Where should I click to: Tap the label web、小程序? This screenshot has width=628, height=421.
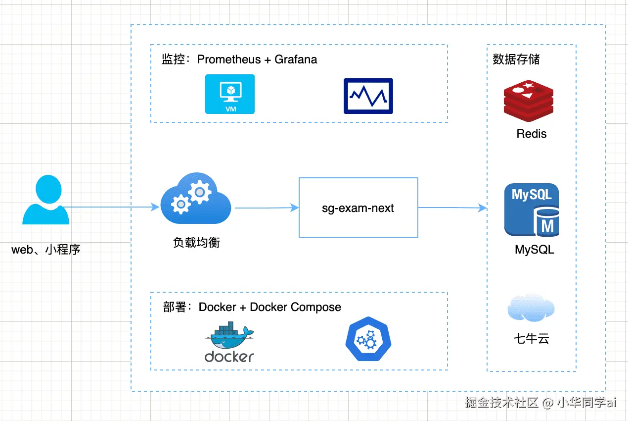[x=45, y=250]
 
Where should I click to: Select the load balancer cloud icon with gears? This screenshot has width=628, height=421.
[x=196, y=198]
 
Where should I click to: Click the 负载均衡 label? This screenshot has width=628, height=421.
[x=196, y=242]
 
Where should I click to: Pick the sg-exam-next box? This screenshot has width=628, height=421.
[x=359, y=208]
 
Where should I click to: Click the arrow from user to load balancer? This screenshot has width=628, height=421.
[x=111, y=207]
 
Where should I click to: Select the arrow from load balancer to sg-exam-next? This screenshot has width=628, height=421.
[x=267, y=208]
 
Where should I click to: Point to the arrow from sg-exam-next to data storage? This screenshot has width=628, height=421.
[x=452, y=208]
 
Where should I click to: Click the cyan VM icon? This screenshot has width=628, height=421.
[x=230, y=94]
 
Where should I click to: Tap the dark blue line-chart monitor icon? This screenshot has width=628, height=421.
[x=368, y=96]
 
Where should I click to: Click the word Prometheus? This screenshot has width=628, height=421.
[x=229, y=59]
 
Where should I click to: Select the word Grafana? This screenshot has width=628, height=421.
[x=296, y=59]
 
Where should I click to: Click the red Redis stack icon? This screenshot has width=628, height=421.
[x=529, y=101]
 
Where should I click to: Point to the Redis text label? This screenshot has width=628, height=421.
[x=532, y=134]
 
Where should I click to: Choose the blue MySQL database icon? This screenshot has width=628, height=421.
[x=532, y=210]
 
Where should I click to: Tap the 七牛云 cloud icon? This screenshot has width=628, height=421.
[x=531, y=308]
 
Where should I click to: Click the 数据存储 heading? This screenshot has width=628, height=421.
[x=516, y=59]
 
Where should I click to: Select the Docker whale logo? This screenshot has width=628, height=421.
[x=229, y=342]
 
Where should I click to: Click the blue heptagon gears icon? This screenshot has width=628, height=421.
[x=368, y=339]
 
